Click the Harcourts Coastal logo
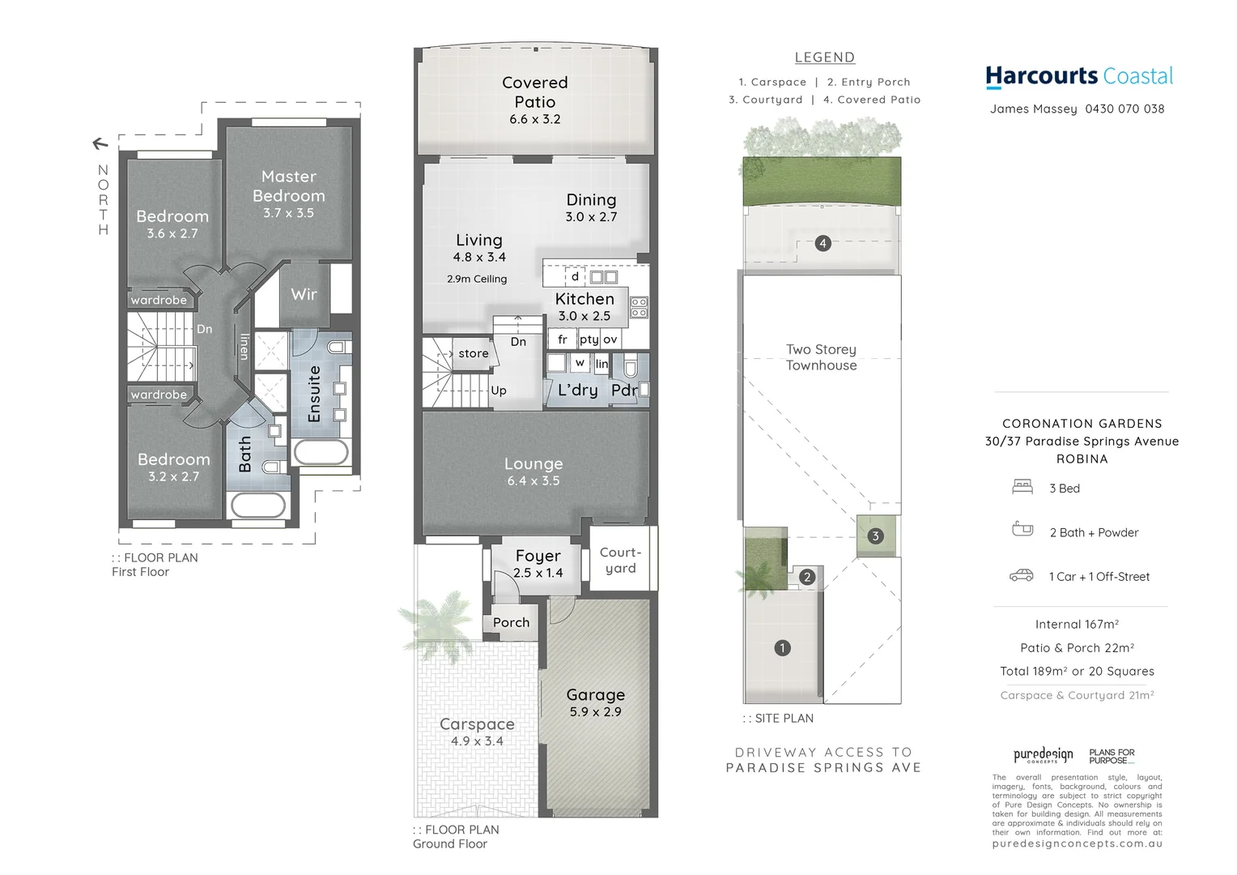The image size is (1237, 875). pos(1079,76)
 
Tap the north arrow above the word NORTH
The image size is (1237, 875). pos(100,144)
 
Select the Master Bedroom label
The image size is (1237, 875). pos(289,186)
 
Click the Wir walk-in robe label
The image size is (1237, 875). pos(304,294)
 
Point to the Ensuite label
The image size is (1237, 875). pos(315,394)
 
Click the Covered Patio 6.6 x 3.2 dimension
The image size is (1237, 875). pos(534,119)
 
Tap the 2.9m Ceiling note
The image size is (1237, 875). pos(477,279)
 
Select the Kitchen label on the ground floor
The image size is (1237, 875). pos(584,299)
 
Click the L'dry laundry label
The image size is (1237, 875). pos(578,390)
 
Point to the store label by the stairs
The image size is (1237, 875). pos(474,353)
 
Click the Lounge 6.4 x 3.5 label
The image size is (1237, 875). pos(533,472)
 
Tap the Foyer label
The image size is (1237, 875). pos(538,556)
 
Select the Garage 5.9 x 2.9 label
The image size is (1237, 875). pos(595,702)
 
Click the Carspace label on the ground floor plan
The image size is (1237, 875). pos(477,724)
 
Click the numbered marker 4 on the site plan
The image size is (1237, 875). pos(823,243)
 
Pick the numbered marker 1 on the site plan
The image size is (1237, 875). pos(782,647)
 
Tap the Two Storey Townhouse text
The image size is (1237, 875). pos(821,357)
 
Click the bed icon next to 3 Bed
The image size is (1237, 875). pos(1022,487)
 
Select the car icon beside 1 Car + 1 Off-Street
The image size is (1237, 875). pos(1022,575)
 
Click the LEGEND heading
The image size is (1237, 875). pos(824,58)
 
